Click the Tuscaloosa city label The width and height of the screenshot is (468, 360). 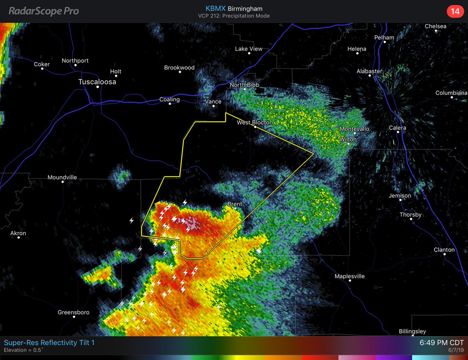click(x=97, y=82)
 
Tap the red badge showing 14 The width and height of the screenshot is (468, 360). click(x=455, y=12)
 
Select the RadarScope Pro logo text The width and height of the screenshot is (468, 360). click(x=44, y=11)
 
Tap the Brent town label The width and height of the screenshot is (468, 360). click(x=235, y=204)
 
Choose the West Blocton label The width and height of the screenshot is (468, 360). click(x=255, y=122)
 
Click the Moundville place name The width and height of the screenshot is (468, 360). click(x=62, y=177)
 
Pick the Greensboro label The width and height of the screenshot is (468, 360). click(x=73, y=312)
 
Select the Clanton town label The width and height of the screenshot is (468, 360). click(x=444, y=250)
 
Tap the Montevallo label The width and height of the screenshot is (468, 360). click(x=355, y=129)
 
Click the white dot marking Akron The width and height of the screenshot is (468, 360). click(x=18, y=238)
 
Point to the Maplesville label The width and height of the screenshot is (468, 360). click(x=349, y=276)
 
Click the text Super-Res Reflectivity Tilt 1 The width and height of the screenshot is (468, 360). click(x=49, y=343)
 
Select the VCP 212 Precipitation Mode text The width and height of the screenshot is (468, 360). click(x=234, y=16)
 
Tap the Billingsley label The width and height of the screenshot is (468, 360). click(x=412, y=331)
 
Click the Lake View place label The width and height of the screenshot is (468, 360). click(x=248, y=49)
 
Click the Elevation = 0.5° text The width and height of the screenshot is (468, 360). click(x=23, y=350)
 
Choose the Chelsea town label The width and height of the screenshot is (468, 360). click(x=435, y=26)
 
